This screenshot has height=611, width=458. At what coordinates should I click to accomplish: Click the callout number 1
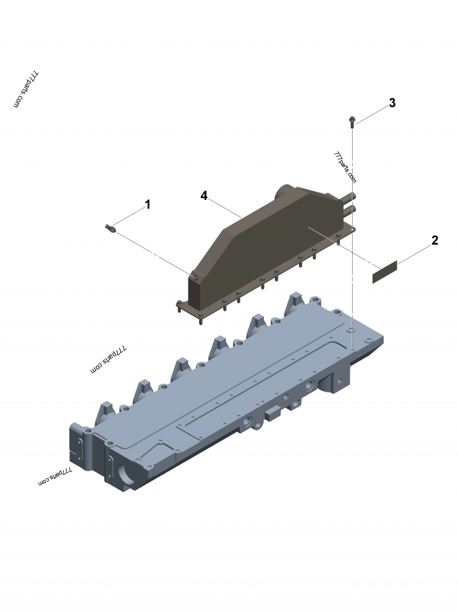point(148,204)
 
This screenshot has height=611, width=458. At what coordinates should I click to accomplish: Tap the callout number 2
point(435,240)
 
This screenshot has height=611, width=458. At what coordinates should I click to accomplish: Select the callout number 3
point(392,103)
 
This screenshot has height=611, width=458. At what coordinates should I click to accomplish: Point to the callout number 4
point(204,196)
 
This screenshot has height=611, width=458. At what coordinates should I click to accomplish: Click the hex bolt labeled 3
point(351,121)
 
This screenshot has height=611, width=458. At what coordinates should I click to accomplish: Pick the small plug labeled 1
point(110,229)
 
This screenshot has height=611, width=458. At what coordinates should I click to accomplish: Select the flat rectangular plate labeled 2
point(385,272)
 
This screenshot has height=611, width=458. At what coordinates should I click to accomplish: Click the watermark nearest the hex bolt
point(345,167)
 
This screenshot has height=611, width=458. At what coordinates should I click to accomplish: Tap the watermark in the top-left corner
point(26,90)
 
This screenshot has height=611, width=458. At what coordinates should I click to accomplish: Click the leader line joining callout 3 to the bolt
point(372,112)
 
